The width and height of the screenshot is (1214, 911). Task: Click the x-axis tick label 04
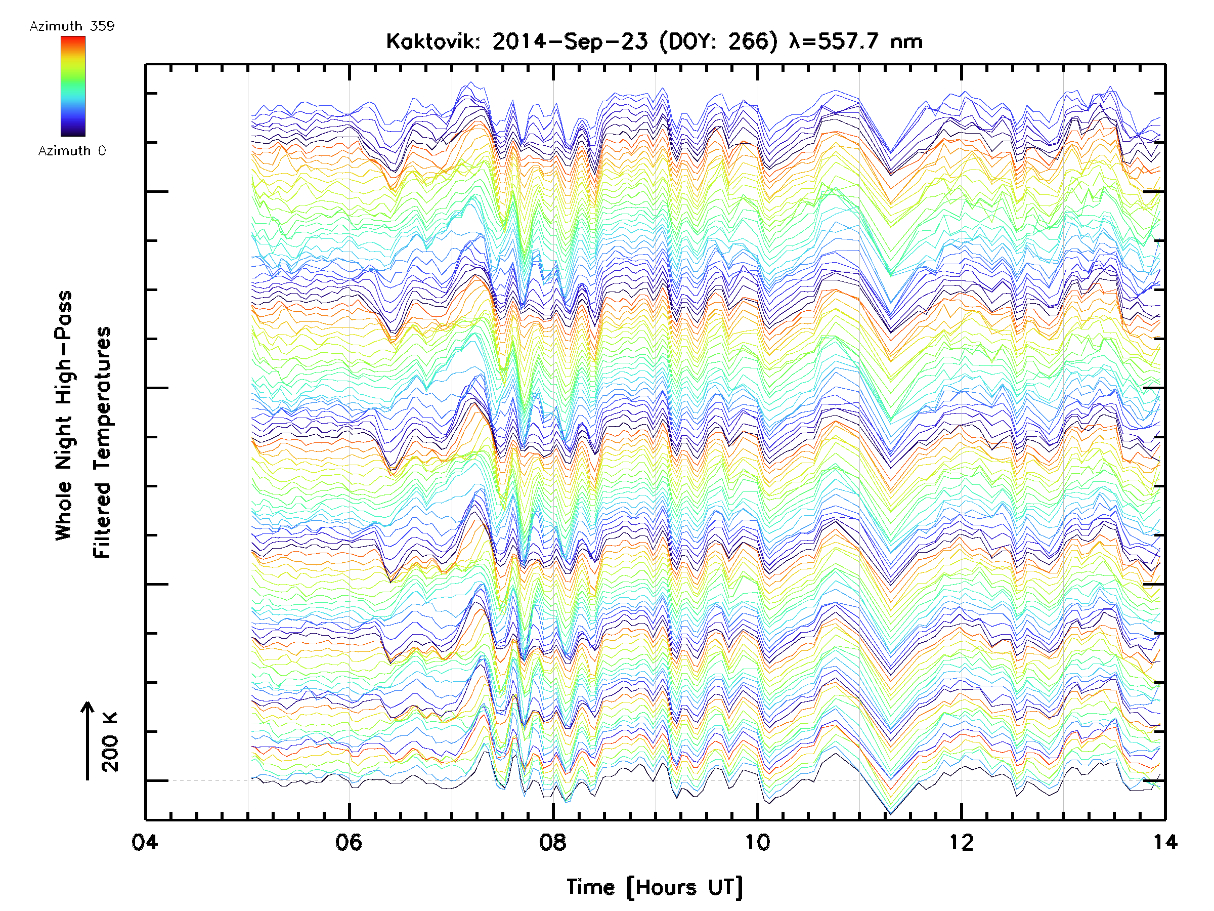145,842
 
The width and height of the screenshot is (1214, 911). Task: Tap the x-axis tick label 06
349,842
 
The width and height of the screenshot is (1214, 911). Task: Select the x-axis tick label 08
553,842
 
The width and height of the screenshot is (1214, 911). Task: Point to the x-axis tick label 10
757,842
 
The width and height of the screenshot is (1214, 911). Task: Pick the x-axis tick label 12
961,842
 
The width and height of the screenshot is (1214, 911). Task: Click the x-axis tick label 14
1165,842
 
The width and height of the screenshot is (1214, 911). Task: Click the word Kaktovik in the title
433,41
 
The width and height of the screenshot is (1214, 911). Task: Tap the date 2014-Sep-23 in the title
570,41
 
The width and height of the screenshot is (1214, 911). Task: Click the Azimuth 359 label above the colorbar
72,26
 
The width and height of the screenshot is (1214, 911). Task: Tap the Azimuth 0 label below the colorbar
72,150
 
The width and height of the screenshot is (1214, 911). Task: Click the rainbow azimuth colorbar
73,86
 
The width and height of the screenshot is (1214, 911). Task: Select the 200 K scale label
110,741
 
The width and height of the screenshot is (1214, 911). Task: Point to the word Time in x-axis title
590,887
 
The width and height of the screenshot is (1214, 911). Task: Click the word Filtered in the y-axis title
102,520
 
